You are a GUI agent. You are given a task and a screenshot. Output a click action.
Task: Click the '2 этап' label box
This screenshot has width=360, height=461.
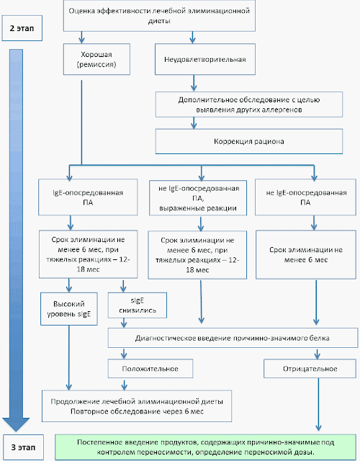(x=22, y=28)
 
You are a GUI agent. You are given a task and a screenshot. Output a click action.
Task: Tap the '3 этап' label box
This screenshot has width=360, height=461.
(x=23, y=447)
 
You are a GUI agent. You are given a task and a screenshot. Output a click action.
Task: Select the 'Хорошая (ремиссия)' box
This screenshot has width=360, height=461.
(x=96, y=59)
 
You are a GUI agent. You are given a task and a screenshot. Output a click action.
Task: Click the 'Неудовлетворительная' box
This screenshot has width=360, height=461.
(x=205, y=59)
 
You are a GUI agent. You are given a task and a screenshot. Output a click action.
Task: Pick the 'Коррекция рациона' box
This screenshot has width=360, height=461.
(x=249, y=141)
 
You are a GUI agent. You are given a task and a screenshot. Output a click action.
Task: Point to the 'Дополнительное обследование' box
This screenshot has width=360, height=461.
(x=249, y=104)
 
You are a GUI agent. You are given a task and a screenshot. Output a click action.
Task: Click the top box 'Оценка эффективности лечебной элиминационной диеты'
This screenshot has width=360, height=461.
(x=159, y=16)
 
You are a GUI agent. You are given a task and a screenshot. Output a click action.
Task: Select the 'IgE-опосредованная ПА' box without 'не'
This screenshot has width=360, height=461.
(x=88, y=197)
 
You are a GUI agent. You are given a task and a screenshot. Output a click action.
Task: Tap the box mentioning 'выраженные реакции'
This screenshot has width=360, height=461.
(x=198, y=198)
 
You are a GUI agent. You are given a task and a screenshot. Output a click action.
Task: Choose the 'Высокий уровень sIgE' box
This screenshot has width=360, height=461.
(x=69, y=309)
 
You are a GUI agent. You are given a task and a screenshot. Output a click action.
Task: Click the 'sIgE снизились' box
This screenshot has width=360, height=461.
(x=138, y=305)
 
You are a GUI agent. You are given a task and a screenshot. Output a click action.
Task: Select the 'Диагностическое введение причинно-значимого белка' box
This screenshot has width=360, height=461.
(x=233, y=338)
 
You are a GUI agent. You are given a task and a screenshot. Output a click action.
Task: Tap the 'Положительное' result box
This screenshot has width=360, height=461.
(x=150, y=369)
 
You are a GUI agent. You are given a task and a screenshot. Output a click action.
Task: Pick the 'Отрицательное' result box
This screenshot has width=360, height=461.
(x=310, y=369)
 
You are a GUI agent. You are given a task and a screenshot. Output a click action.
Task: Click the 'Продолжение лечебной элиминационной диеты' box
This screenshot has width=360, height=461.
(x=137, y=406)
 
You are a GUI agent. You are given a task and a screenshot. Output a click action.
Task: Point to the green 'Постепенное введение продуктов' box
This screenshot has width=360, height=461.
(x=206, y=447)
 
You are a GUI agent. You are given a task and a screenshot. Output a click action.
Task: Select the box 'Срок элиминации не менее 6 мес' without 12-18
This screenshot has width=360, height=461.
(x=306, y=254)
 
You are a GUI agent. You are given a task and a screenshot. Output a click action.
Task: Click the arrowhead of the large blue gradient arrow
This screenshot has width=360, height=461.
(x=16, y=424)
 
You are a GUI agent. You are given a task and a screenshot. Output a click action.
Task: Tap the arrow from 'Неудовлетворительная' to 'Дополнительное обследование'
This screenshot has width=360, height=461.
(x=194, y=83)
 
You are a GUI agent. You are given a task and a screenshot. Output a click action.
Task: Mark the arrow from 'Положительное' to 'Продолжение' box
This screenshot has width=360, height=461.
(x=125, y=384)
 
